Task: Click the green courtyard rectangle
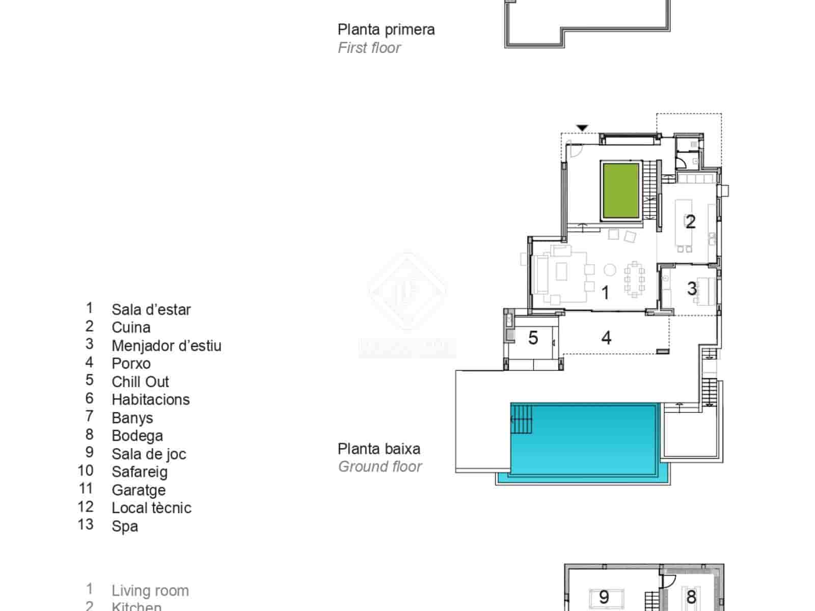(620, 191)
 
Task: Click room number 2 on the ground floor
(690, 221)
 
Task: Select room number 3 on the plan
(692, 289)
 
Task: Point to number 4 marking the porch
(606, 338)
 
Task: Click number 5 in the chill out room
(533, 338)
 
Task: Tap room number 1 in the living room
(605, 293)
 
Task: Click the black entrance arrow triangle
(582, 128)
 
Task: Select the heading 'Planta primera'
(386, 30)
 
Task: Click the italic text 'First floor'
(369, 48)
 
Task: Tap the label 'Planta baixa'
(379, 449)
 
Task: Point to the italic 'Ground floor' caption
(380, 466)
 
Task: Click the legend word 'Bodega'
(138, 436)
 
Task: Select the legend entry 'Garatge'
(139, 490)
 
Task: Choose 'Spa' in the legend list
(125, 526)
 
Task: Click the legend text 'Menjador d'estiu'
(167, 346)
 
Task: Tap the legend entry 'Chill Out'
(140, 382)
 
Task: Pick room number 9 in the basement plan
(604, 596)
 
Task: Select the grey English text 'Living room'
(150, 591)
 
